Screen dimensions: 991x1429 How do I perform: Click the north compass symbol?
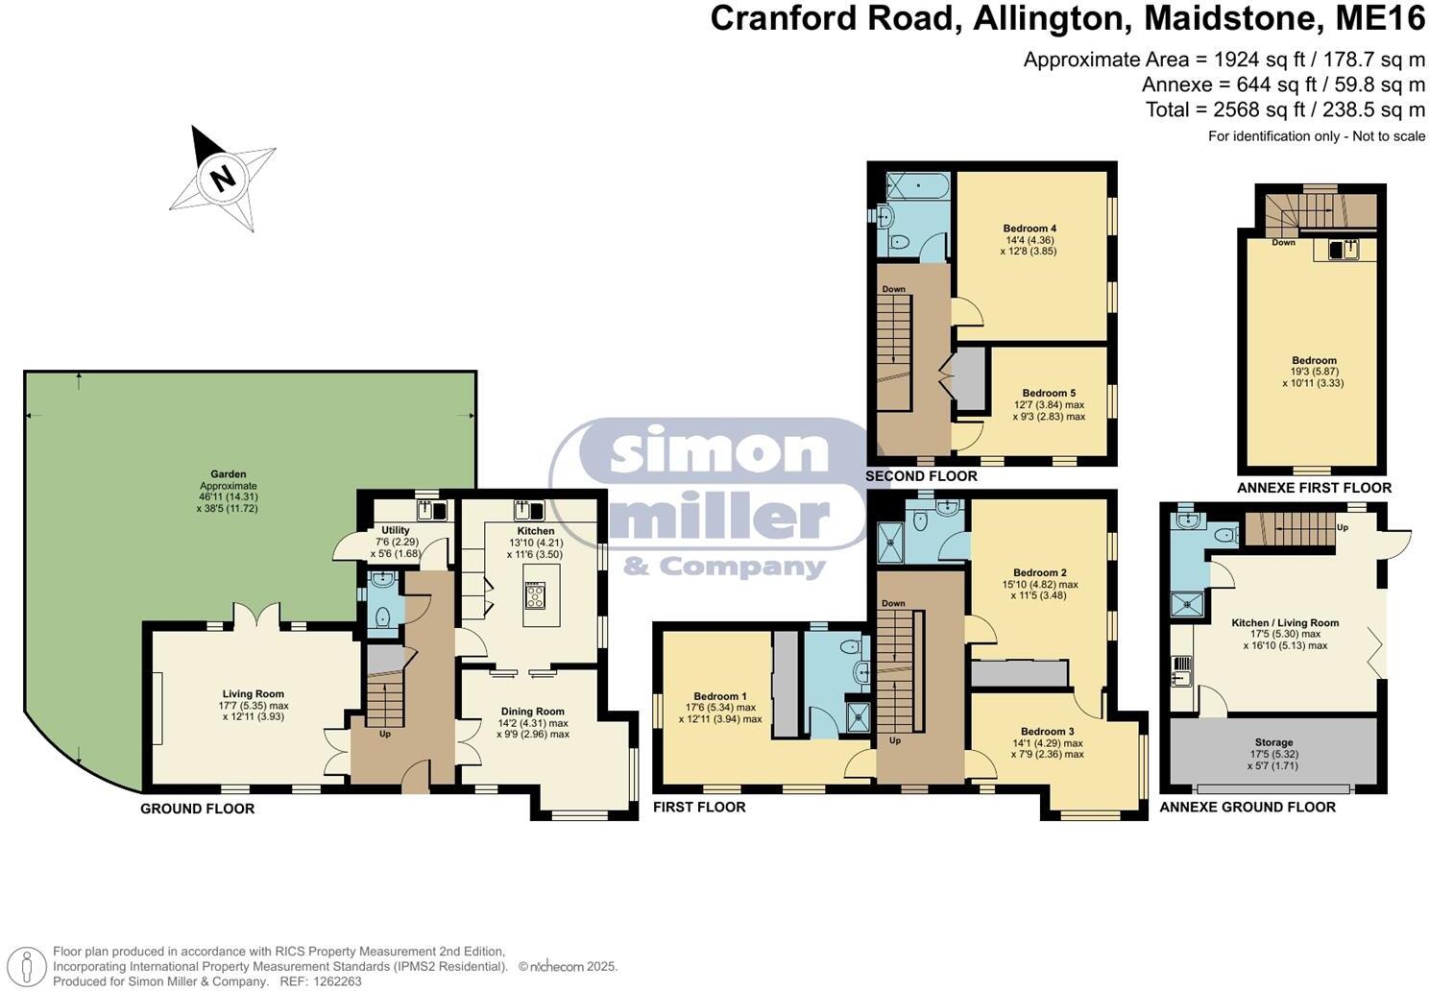coord(223,178)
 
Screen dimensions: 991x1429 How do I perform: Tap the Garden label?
coord(229,473)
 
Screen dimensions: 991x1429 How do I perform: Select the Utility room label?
coord(395,530)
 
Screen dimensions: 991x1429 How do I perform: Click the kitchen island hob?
coord(535,595)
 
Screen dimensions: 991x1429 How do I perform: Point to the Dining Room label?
coord(533,712)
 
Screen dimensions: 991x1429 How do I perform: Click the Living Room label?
coord(254,694)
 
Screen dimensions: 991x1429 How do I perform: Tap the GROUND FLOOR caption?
coord(197,809)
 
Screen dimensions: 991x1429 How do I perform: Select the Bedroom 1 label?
coord(720,696)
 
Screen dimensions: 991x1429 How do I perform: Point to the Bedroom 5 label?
coord(1049,393)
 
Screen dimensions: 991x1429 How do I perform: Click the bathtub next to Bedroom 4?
coord(916,184)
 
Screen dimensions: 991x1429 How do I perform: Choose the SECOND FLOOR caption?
coord(921,476)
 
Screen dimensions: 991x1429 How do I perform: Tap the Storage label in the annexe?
coord(1273,742)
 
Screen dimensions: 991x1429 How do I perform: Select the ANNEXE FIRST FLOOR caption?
coord(1314,488)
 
